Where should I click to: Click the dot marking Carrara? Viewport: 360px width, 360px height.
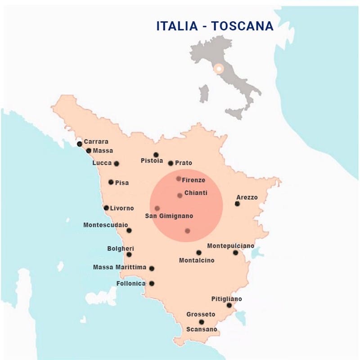(80, 144)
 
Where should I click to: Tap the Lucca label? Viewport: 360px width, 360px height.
(102, 163)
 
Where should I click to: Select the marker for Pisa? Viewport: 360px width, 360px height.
(111, 182)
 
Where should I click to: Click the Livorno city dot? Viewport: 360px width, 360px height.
(106, 208)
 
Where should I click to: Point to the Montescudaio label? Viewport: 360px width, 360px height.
(106, 225)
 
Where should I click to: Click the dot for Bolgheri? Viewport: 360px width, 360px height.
(129, 254)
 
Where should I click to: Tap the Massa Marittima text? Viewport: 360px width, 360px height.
(120, 267)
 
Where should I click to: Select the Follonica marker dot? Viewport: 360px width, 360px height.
(152, 283)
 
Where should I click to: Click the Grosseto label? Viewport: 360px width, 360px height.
(201, 314)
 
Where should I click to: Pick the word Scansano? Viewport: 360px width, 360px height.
(202, 329)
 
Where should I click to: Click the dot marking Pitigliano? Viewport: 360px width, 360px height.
(229, 306)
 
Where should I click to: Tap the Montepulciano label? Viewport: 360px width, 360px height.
(230, 246)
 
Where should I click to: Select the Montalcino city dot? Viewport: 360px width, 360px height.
(199, 252)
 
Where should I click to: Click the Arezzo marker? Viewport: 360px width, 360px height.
(237, 204)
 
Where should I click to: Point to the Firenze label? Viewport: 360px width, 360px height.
(193, 180)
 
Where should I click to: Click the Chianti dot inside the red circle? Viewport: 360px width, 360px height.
(180, 195)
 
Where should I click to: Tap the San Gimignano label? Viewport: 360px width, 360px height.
(169, 216)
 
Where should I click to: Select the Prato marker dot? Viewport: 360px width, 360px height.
(171, 163)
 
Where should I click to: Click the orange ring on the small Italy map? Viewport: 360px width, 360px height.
(218, 69)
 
